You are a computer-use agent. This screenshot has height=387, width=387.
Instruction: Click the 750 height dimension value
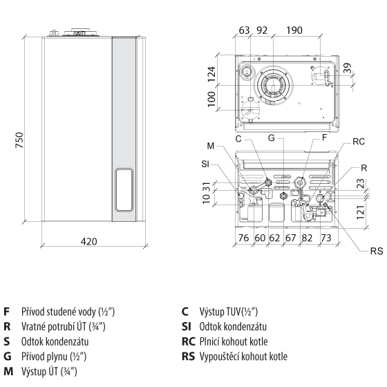point(19,140)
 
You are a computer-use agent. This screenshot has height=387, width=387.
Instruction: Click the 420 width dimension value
point(89,241)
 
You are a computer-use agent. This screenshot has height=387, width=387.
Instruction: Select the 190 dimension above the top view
point(294,30)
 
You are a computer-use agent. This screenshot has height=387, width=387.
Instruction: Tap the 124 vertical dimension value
point(211,75)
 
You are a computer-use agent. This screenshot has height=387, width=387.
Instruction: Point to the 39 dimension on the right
point(347,68)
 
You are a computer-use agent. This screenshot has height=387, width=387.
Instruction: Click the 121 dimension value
point(361,212)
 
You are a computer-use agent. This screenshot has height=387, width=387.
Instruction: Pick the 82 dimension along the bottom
point(307,238)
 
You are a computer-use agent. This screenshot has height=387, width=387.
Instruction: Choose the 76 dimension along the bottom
point(243,238)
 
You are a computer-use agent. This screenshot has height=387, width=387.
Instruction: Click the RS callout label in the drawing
point(377,252)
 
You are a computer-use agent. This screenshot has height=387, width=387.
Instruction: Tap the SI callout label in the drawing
point(205,164)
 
